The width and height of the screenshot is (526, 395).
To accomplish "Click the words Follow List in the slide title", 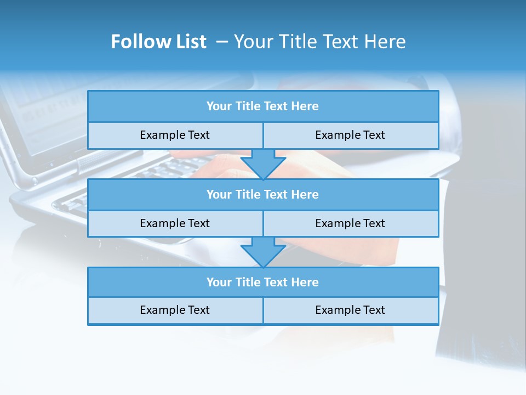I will coord(158,42).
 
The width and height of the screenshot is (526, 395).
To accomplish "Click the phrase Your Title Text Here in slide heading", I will coord(320,42).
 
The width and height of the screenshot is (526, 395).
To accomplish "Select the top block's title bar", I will coord(263,106).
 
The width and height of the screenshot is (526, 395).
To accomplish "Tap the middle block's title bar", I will coord(263,194).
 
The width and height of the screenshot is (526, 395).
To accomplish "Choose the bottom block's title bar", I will coord(263,282).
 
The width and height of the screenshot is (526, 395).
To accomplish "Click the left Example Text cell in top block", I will coord(175,135).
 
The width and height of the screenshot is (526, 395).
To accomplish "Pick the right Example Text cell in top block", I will coord(350,135).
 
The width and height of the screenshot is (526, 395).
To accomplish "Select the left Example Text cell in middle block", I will coord(175,223).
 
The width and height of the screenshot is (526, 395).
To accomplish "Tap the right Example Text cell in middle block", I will coord(350,223).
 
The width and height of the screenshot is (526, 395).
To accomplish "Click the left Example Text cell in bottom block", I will coord(175,310).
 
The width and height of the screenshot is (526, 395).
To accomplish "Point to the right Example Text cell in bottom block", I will coord(350,310).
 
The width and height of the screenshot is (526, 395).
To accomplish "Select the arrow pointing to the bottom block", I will coord(263,252).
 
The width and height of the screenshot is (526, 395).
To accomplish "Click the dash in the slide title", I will coord(221,42).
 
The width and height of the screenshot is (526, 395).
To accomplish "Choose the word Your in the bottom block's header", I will coord(218,282).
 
